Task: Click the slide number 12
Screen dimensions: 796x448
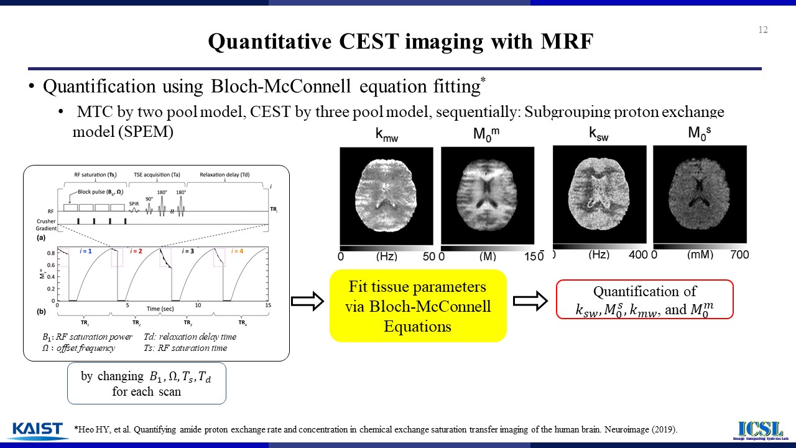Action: pos(763,30)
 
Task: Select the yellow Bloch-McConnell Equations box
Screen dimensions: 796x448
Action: pos(418,306)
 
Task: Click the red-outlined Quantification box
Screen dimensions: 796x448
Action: pos(644,300)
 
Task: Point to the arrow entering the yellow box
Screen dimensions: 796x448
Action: pos(308,302)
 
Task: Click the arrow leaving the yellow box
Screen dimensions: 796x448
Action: pos(529,302)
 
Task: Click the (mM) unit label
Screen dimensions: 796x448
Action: pos(700,254)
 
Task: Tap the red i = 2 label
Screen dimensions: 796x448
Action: pos(137,251)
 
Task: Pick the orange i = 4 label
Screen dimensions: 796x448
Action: pos(238,251)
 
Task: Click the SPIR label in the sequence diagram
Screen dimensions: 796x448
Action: pos(134,204)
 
